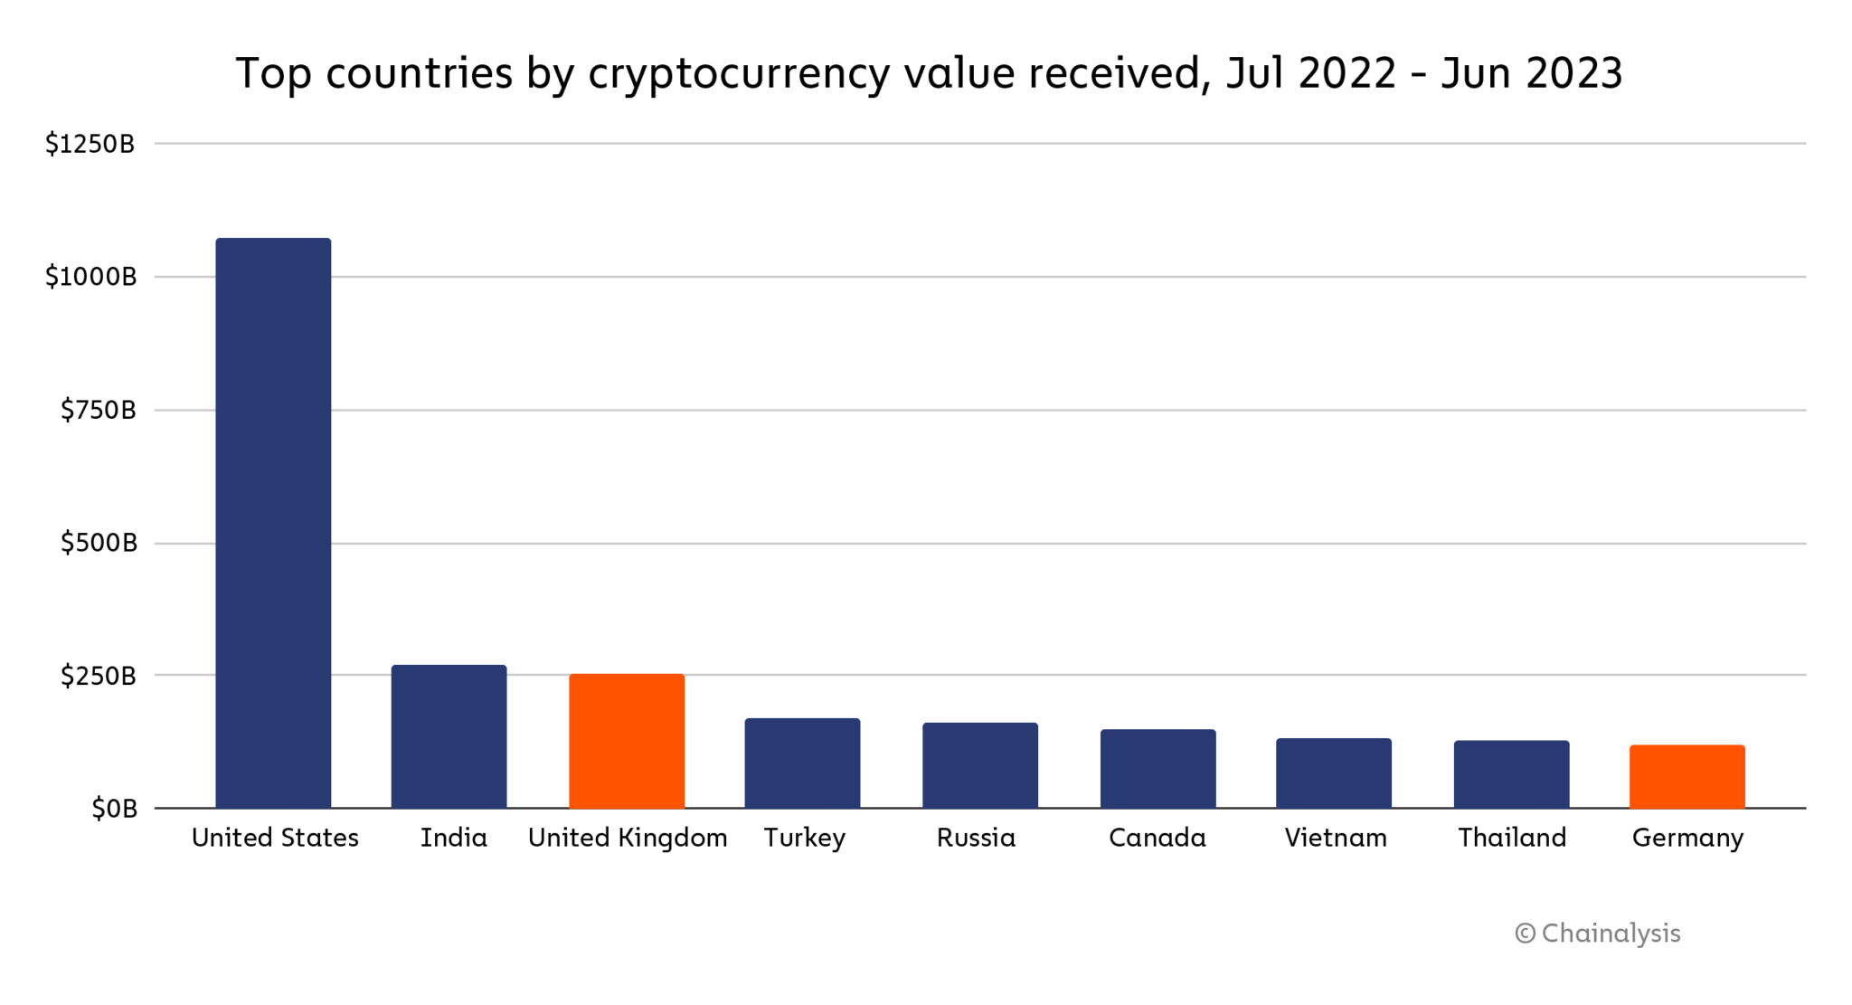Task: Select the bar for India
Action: tap(449, 736)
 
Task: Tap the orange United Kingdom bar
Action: tap(627, 741)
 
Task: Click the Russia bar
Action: tap(980, 765)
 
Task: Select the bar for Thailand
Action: tap(1511, 774)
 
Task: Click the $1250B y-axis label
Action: tap(90, 144)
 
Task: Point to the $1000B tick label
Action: tap(91, 277)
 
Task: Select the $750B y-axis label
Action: tap(99, 411)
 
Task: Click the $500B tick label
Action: tap(99, 543)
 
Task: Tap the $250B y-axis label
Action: tap(99, 676)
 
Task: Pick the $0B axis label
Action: tap(114, 809)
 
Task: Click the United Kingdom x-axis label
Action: tap(628, 839)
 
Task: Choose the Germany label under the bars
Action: tap(1687, 839)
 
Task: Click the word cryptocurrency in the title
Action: tap(739, 74)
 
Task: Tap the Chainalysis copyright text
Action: tap(1598, 934)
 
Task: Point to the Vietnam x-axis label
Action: tap(1336, 839)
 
